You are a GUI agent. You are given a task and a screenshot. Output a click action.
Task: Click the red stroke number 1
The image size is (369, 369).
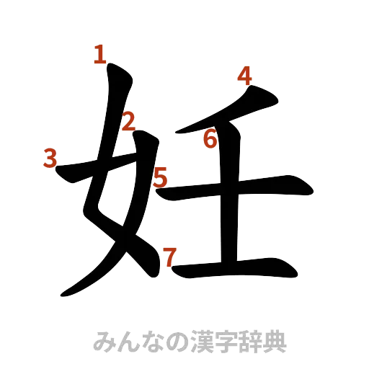click(100, 55)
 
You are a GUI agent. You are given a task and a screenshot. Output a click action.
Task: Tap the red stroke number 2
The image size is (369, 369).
click(128, 123)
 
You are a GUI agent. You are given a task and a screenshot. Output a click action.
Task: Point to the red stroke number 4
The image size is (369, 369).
click(246, 75)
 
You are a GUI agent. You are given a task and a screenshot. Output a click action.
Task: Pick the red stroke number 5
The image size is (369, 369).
click(160, 175)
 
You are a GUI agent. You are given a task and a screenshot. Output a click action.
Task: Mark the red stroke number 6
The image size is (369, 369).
click(210, 138)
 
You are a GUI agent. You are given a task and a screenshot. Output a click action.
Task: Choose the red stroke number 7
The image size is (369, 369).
click(169, 256)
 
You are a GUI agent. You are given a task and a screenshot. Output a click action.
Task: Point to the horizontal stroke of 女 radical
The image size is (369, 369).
click(108, 175)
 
